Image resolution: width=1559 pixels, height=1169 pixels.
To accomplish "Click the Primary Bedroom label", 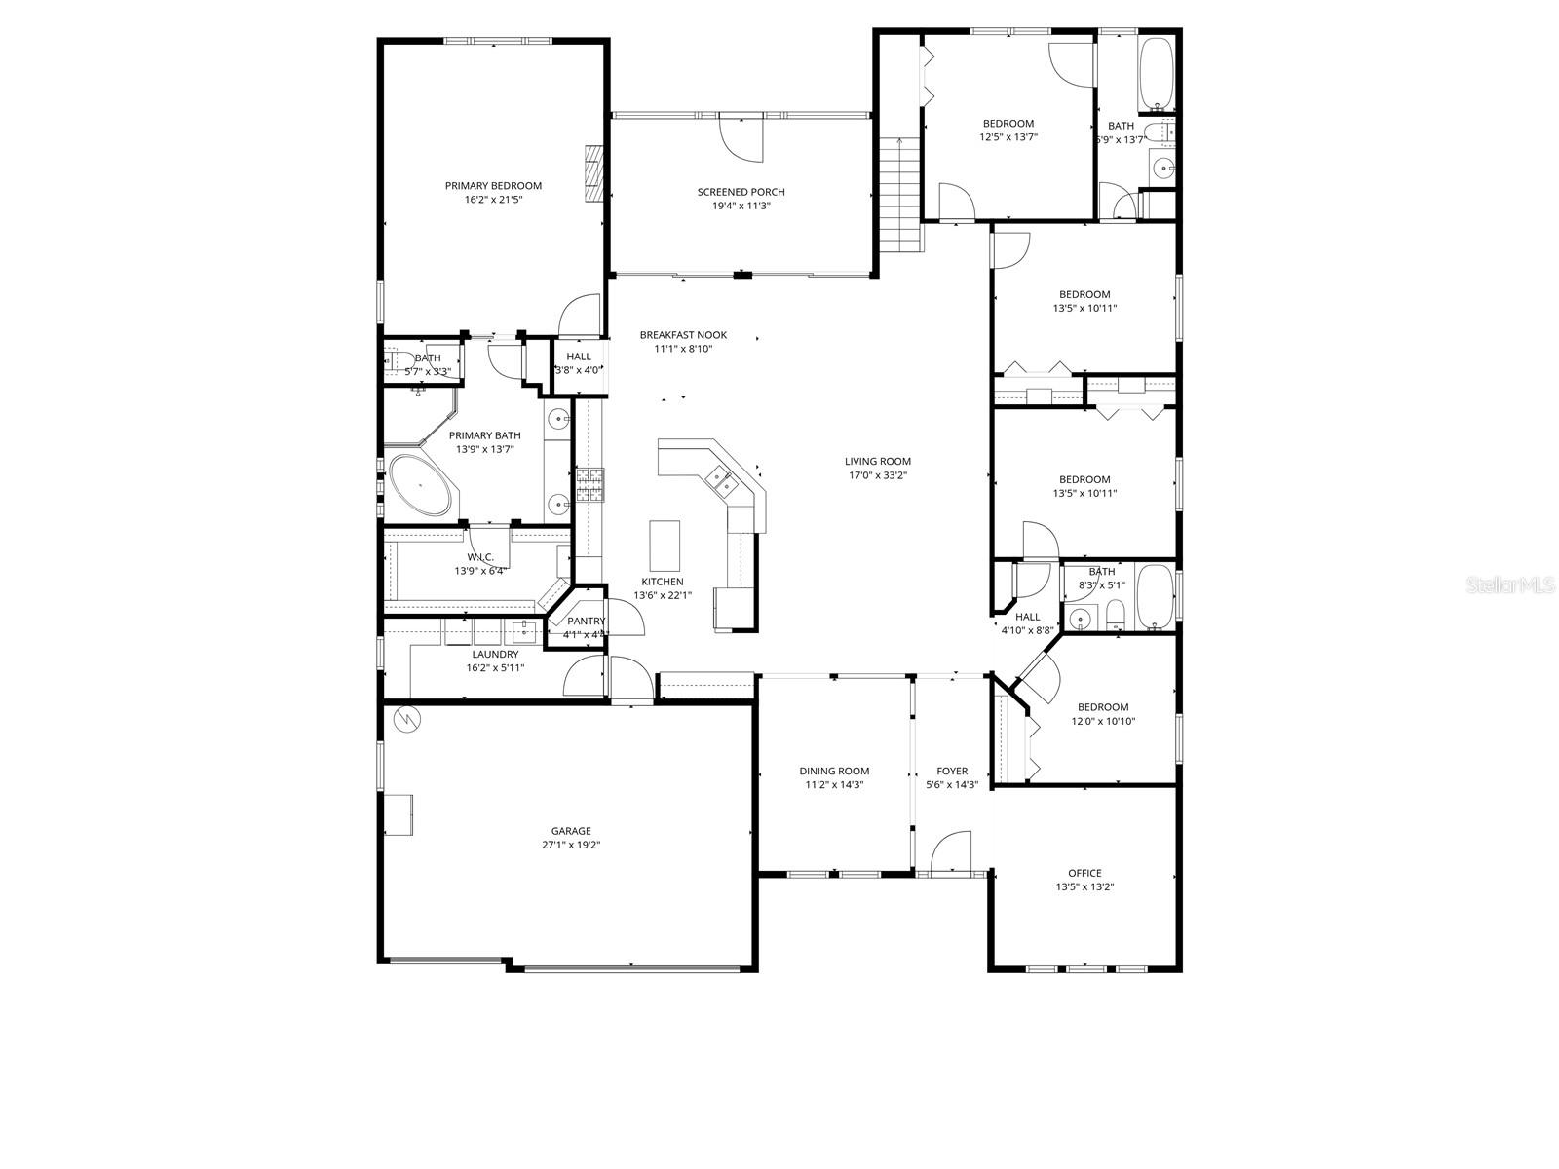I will coord(493,185).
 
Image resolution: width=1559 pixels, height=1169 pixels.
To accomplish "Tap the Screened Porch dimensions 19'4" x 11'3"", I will coord(741,206).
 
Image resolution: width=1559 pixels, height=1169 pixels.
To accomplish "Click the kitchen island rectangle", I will coord(665,546).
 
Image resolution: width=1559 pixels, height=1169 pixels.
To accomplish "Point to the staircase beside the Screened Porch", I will coord(900,195).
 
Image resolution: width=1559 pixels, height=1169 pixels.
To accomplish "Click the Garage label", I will coord(571,831).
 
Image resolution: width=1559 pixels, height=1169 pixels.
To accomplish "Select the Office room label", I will coord(1084,873).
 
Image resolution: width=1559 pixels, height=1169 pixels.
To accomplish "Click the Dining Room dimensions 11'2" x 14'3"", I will coord(834,784).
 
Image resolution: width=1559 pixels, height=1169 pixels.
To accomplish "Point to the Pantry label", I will coord(586,621).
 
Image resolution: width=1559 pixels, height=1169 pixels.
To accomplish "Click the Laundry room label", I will coord(495,654).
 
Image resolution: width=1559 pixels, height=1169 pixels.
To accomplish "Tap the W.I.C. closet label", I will coord(479,557).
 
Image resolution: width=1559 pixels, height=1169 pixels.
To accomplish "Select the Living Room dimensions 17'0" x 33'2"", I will coord(878,475).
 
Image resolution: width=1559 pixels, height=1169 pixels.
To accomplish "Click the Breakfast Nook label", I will coord(683,335).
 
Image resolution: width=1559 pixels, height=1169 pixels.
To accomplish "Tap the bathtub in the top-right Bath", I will coord(1158,73).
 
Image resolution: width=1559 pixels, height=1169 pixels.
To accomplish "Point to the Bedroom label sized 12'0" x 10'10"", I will coord(1103,707).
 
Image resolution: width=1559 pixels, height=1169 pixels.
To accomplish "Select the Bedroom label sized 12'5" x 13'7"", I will coord(1008,123).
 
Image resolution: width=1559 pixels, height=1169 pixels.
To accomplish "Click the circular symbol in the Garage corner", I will coord(405,720).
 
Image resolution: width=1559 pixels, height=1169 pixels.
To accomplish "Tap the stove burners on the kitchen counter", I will coord(589,484).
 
